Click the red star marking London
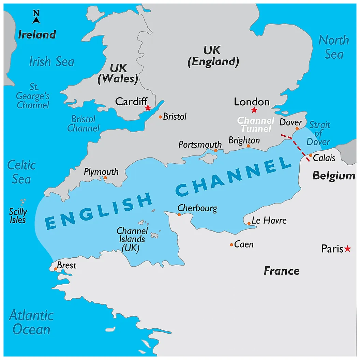(x=254, y=110)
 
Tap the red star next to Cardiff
(x=148, y=108)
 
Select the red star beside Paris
(x=347, y=249)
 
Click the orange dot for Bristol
(x=160, y=117)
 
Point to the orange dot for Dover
(x=297, y=129)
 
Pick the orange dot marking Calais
(x=311, y=155)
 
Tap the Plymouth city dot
(x=105, y=178)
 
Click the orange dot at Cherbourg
(x=179, y=214)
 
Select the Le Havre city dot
(x=249, y=224)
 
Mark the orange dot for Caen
(x=231, y=245)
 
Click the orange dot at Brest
(x=56, y=269)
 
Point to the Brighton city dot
(x=248, y=146)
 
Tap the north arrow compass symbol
(x=36, y=17)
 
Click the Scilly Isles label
(x=18, y=216)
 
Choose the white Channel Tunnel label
(x=256, y=124)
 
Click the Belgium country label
(x=334, y=176)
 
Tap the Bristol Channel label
(x=84, y=123)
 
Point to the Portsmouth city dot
(x=215, y=150)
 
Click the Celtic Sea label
(x=21, y=172)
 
